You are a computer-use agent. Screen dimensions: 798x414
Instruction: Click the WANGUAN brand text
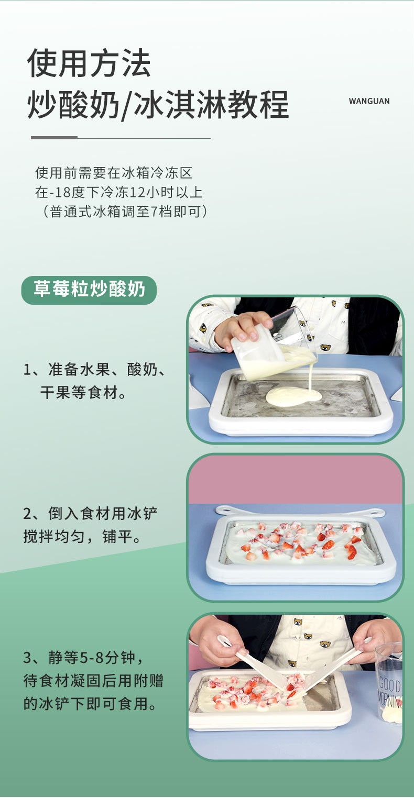click(x=369, y=101)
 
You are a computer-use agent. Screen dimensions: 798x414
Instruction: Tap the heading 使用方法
click(x=89, y=63)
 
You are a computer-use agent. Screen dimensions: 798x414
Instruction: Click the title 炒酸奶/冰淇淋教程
click(x=158, y=104)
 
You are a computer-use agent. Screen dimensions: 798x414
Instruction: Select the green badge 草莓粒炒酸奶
click(x=89, y=290)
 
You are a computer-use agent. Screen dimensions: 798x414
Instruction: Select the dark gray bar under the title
click(x=54, y=138)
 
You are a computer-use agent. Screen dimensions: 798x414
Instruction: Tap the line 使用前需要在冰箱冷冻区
click(x=114, y=172)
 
